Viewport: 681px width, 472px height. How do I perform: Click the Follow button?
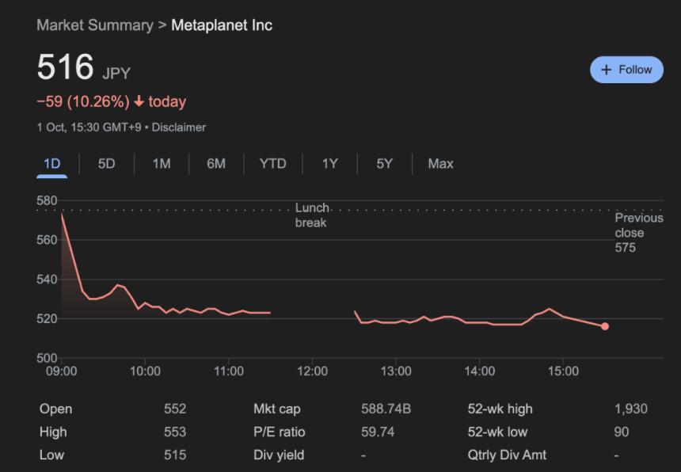coord(626,70)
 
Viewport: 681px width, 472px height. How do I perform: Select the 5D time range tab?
coord(106,164)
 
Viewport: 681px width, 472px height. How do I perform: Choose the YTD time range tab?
coord(272,164)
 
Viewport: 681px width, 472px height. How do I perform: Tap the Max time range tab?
coord(440,164)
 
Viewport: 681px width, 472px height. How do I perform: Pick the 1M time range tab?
coord(162,164)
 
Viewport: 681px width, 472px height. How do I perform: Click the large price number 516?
coord(66,67)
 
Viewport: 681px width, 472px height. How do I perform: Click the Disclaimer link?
coord(178,127)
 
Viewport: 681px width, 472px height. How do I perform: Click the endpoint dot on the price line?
coord(605,326)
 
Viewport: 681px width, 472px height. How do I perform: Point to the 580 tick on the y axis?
coord(47,200)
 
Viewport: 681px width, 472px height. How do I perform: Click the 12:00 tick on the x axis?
coord(312,371)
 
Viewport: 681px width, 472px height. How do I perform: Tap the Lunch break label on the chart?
coord(311,215)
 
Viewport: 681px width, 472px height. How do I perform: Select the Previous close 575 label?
coord(638,233)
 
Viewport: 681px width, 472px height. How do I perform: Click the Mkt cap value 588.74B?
coord(386,409)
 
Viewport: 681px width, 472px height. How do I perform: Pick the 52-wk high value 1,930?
coord(630,409)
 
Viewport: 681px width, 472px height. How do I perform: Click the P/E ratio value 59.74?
coord(378,432)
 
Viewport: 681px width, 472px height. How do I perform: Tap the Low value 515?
coord(174,455)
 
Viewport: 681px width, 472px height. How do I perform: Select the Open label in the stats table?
coord(55,409)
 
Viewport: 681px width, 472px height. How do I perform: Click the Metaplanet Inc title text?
coord(221,25)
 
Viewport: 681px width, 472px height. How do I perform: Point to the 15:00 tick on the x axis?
coord(563,371)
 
